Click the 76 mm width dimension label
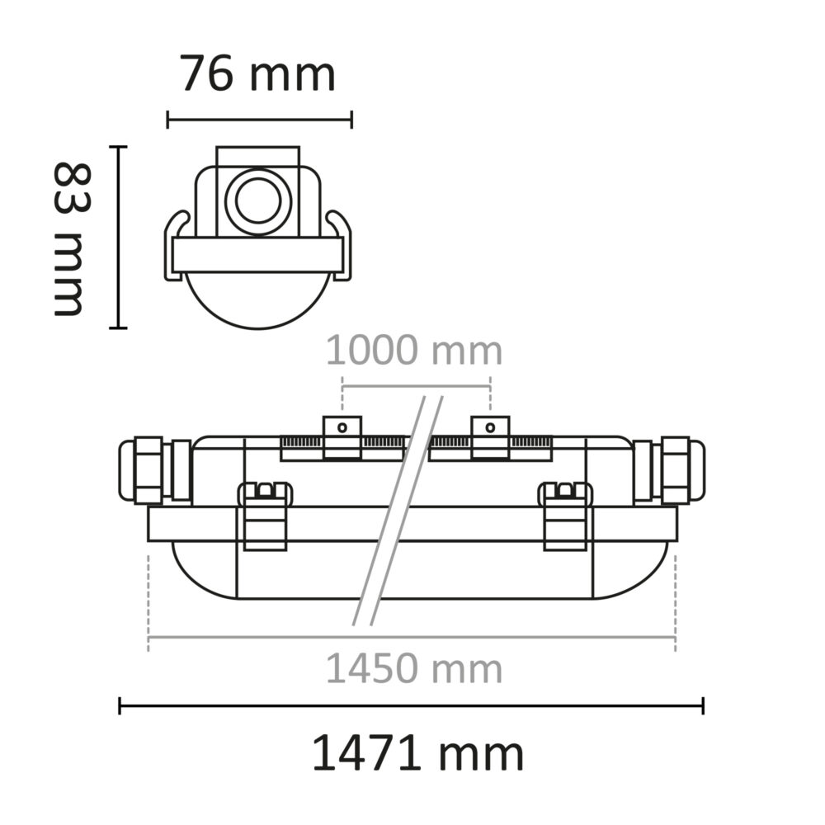pos(258,74)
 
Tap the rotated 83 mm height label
pos(69,239)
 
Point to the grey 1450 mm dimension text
pos(414,668)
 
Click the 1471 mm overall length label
pos(417,754)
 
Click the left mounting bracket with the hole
pos(342,437)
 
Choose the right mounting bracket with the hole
pos(490,437)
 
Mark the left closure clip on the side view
pos(265,516)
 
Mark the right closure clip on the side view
pos(565,516)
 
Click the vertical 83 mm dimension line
pos(120,238)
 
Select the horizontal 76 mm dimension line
pos(259,120)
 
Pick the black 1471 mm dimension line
pos(412,705)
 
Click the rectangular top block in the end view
pos(258,156)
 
